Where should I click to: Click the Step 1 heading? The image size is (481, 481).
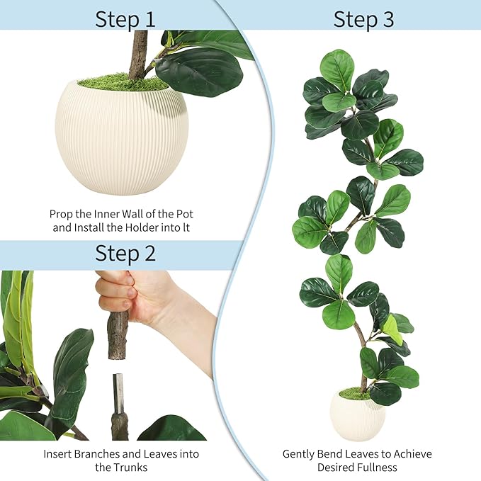tap(125, 18)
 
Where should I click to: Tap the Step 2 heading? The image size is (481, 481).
tap(125, 252)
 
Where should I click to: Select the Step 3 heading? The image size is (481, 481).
tap(363, 18)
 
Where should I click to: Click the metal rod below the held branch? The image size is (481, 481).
tap(118, 393)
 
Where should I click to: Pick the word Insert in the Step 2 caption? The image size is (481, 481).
tap(59, 453)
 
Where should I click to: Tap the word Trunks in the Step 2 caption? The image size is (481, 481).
tap(132, 468)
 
